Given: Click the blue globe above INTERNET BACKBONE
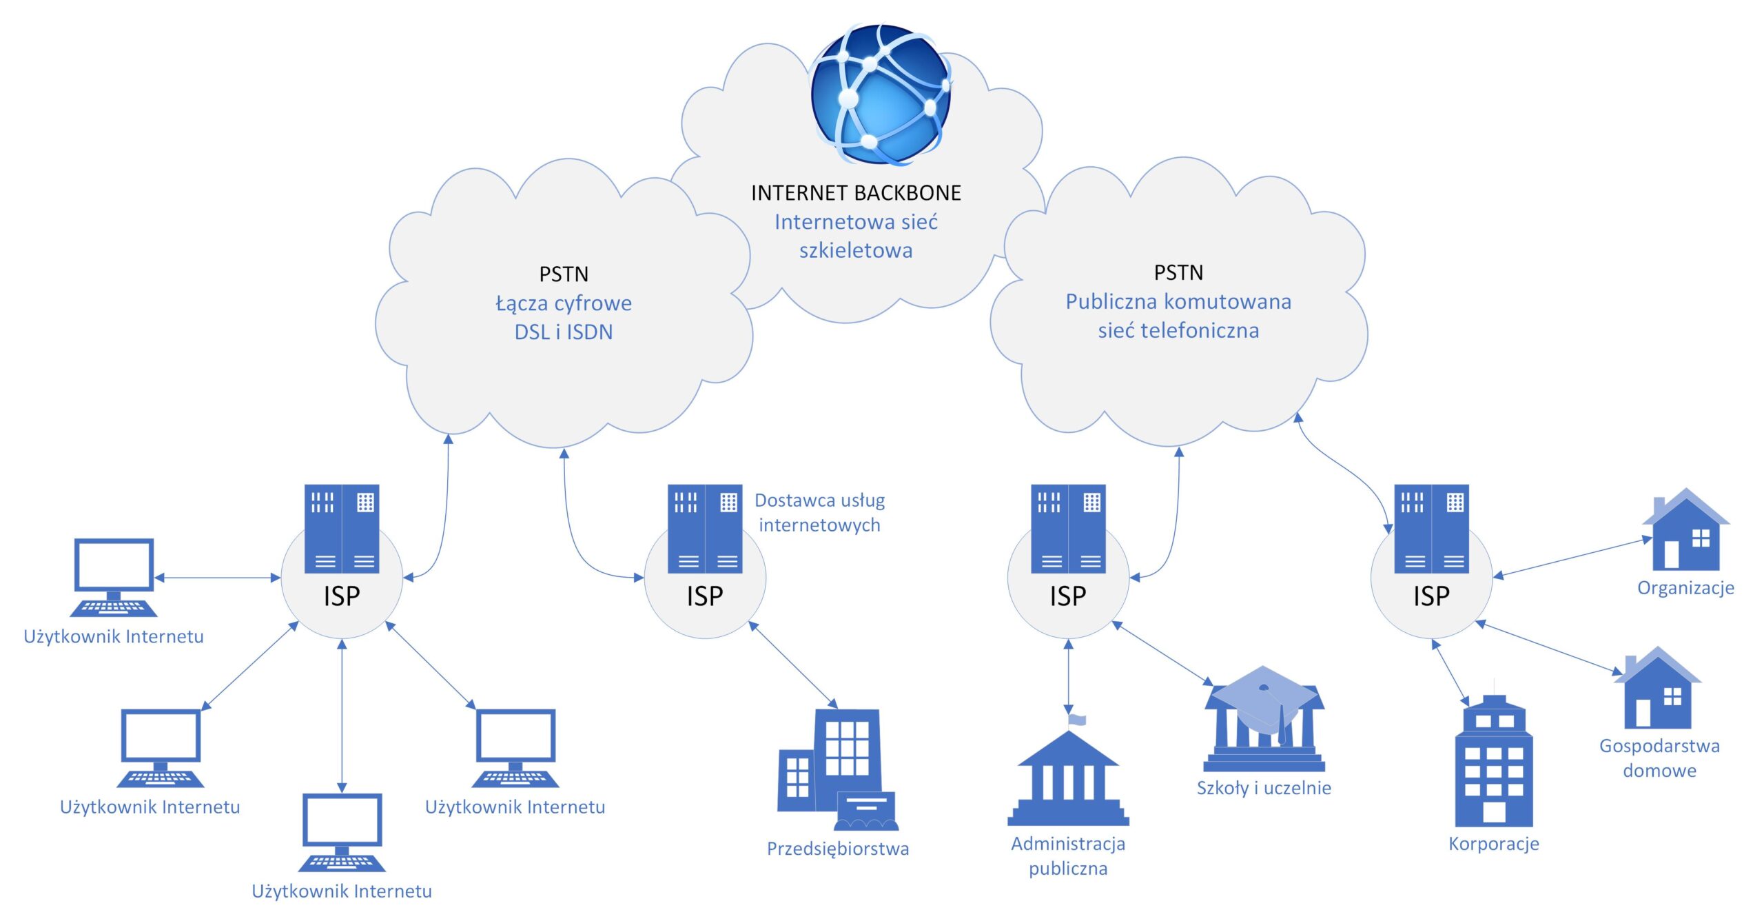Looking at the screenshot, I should point(880,94).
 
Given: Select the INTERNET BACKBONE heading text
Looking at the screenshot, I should point(856,193).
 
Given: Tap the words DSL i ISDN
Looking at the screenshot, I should point(564,332).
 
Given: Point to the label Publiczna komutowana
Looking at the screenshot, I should point(1178,302).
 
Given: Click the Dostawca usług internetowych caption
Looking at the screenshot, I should point(819,513).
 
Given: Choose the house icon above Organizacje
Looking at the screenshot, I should point(1685,531).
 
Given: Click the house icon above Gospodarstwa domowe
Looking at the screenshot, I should point(1657,689).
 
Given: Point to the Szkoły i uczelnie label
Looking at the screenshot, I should point(1264,788).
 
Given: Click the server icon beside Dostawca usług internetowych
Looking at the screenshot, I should point(705,529).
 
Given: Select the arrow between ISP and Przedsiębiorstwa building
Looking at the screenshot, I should point(793,665).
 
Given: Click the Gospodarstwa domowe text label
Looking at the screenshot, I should point(1659,758).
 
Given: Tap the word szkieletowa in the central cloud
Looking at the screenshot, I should point(856,251).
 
